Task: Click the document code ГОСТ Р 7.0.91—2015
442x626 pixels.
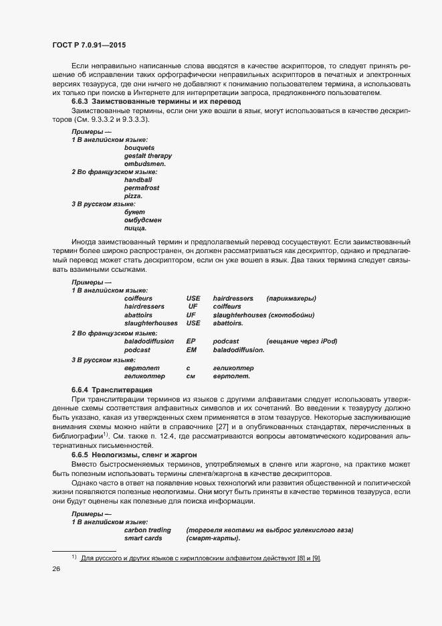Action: point(88,44)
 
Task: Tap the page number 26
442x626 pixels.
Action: point(56,568)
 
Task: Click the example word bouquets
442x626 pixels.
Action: point(139,147)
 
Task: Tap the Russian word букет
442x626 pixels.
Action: point(135,212)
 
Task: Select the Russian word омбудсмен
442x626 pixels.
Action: point(142,220)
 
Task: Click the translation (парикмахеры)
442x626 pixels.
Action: point(291,299)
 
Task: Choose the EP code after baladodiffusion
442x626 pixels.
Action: point(191,341)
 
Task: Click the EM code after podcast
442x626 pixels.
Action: point(191,349)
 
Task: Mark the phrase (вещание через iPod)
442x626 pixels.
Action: point(301,341)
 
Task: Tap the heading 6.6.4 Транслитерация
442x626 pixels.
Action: point(113,390)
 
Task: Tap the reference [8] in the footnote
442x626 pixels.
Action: point(298,558)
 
